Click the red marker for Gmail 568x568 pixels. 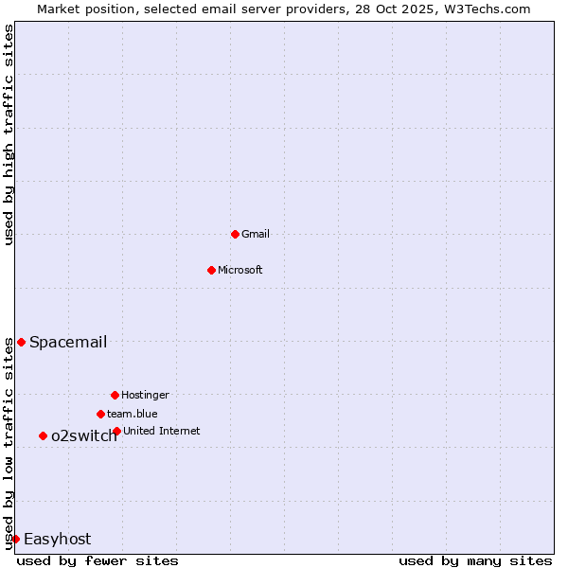[x=235, y=234]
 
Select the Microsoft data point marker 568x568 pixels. [x=211, y=270]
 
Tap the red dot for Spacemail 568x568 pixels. [x=21, y=342]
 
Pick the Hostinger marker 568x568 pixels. [x=115, y=395]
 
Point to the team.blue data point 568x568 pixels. [x=100, y=414]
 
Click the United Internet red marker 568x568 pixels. [x=116, y=431]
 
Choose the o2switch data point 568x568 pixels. [x=43, y=435]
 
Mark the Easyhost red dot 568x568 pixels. [x=15, y=539]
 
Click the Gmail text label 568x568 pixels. [x=256, y=234]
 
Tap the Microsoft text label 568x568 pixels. [x=240, y=270]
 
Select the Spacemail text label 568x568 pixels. [x=68, y=342]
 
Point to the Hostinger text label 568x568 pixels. [x=145, y=395]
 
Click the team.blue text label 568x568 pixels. [x=133, y=414]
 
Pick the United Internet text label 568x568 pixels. [x=162, y=431]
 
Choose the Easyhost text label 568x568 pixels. [x=58, y=539]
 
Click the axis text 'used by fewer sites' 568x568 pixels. [x=98, y=560]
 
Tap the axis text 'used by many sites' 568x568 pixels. [x=475, y=560]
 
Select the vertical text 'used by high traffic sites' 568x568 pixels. [x=9, y=134]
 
